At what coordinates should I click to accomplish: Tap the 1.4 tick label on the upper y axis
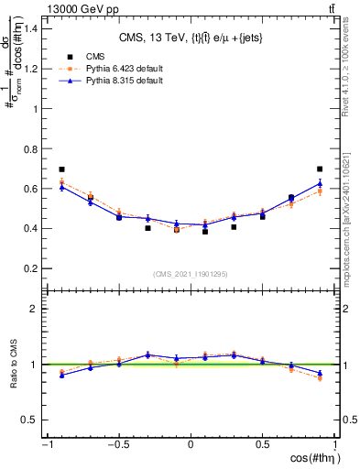pyautogui.click(x=30, y=28)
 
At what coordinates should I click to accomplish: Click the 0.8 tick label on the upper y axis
pyautogui.click(x=30, y=148)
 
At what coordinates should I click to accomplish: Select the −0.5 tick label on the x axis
pyautogui.click(x=117, y=444)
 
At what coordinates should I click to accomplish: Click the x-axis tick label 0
pyautogui.click(x=191, y=444)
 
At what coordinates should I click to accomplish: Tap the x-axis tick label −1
pyautogui.click(x=46, y=444)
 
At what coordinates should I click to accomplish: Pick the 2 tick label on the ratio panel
pyautogui.click(x=34, y=309)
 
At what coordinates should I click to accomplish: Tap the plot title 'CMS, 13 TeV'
pyautogui.click(x=191, y=38)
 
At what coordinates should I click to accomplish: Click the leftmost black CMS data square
pyautogui.click(x=61, y=169)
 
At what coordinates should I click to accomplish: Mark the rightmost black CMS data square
pyautogui.click(x=319, y=169)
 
